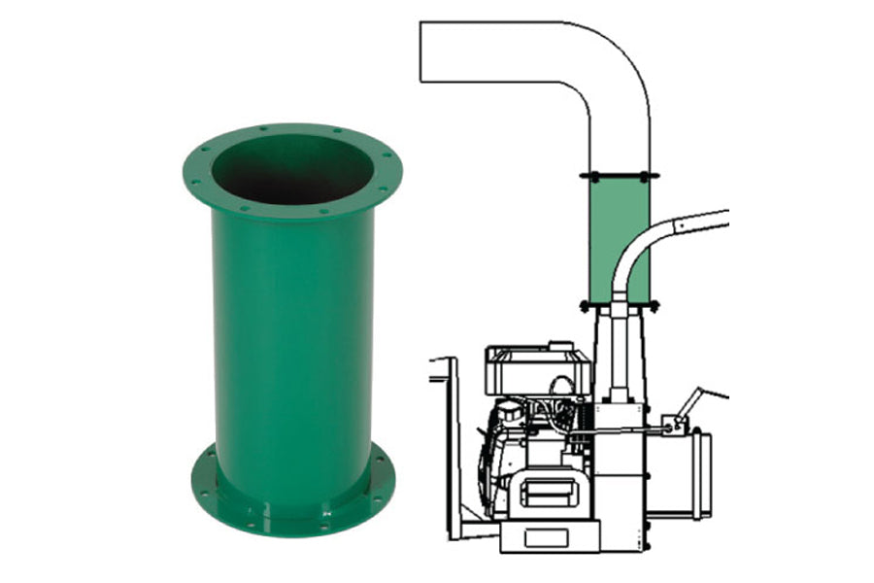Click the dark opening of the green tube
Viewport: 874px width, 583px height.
point(292,169)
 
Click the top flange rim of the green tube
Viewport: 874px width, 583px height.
point(292,136)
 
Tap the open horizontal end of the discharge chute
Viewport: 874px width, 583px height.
point(425,53)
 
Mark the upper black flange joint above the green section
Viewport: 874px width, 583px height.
point(619,176)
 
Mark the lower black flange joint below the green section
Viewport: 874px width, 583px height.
point(619,305)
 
